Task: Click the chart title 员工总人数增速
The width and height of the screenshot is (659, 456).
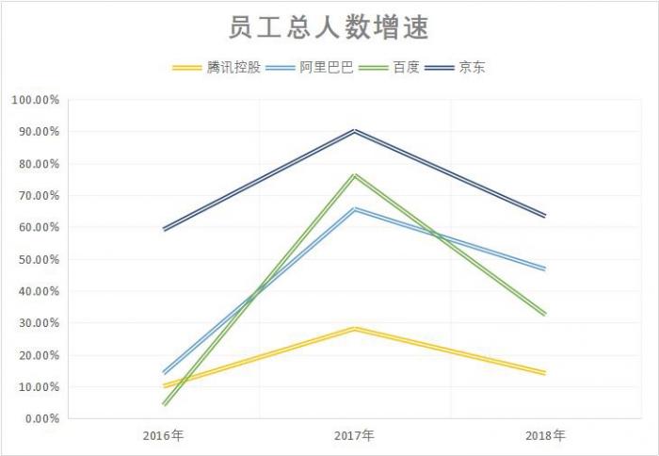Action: click(x=329, y=27)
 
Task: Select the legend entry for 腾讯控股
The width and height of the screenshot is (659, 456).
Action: click(x=232, y=67)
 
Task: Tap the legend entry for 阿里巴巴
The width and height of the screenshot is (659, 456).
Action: click(x=326, y=67)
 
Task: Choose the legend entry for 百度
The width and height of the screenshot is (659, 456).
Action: click(x=406, y=67)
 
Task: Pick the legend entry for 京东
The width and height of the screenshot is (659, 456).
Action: click(x=472, y=67)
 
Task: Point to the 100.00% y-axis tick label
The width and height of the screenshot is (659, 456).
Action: click(x=36, y=100)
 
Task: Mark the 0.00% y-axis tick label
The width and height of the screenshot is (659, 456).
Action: click(x=41, y=418)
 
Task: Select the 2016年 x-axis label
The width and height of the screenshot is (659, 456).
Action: click(x=164, y=436)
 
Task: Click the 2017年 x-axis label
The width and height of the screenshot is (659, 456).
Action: click(x=354, y=436)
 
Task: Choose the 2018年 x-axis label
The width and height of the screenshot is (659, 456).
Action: click(x=545, y=436)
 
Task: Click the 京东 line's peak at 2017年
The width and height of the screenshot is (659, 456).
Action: click(x=354, y=130)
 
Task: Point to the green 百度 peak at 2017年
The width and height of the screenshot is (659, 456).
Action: click(x=354, y=174)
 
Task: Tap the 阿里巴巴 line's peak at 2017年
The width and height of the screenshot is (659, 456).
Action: click(x=354, y=208)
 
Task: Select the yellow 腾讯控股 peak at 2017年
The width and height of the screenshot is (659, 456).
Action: click(x=354, y=328)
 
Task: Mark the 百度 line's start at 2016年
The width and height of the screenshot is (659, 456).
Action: click(x=164, y=404)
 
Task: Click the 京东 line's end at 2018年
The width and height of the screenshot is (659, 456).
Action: click(x=545, y=216)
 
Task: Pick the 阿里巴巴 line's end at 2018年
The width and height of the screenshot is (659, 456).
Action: click(x=545, y=269)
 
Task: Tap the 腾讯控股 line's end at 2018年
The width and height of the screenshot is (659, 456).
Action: click(x=545, y=373)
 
